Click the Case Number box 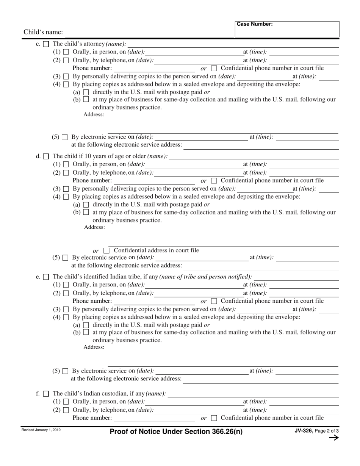point(287,29)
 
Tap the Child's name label point(43,32)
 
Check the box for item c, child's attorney point(46,44)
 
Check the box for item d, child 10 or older point(46,156)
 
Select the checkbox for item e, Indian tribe point(46,277)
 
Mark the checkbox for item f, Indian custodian point(46,394)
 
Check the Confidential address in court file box point(106,251)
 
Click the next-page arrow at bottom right point(333,438)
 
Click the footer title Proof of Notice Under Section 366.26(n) point(176,432)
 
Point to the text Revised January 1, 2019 point(41,430)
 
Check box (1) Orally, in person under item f point(66,402)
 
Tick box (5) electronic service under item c point(65,137)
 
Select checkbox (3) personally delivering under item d point(66,189)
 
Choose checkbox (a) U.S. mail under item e point(86,325)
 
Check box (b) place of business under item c point(86,99)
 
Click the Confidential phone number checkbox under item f point(214,418)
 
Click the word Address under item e point(94,347)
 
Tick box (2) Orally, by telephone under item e point(66,293)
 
